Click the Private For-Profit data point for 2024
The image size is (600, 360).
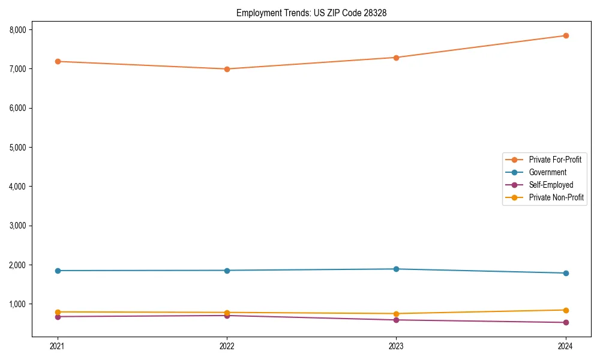[x=565, y=35]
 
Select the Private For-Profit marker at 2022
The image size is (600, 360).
[x=227, y=69]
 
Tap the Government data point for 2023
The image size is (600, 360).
[x=396, y=269]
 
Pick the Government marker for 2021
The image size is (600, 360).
[x=58, y=271]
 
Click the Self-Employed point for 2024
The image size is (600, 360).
[x=565, y=323]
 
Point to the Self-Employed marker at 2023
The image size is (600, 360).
[x=396, y=320]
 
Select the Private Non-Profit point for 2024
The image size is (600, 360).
[x=565, y=310]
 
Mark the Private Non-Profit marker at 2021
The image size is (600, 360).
[x=58, y=312]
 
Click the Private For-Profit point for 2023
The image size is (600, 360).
[x=396, y=58]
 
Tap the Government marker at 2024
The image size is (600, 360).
[x=565, y=273]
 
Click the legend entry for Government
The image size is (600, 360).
[x=547, y=172]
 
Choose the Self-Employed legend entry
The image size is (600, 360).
[x=551, y=185]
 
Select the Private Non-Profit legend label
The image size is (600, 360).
[x=556, y=197]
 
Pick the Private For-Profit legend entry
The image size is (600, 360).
[x=555, y=160]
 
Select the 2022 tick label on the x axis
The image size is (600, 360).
[x=227, y=346]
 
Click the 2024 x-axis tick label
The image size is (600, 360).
[x=565, y=346]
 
